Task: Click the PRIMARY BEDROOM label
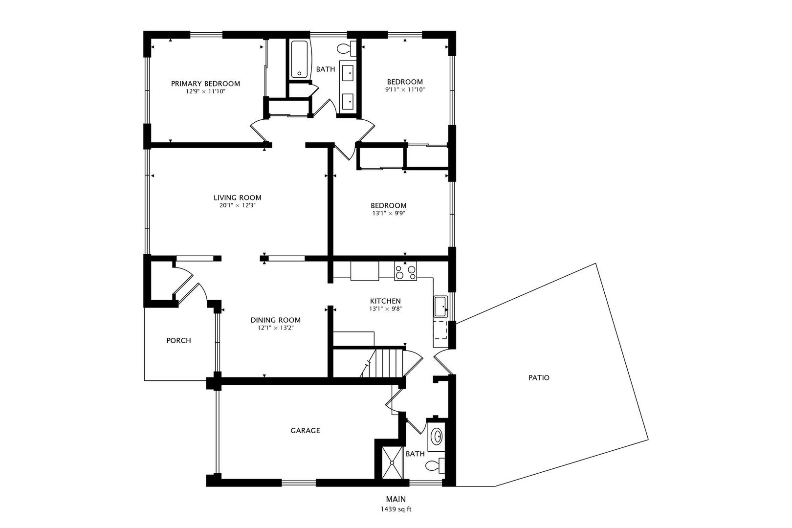tap(205, 84)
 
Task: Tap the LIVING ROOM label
tap(238, 198)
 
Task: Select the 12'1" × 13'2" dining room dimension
tap(276, 328)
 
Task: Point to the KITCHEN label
tap(385, 301)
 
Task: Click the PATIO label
tap(539, 378)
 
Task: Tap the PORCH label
tap(178, 341)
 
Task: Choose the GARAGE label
tap(306, 430)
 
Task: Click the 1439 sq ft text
tap(396, 509)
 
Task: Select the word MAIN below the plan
tap(396, 499)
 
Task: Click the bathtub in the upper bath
tap(300, 60)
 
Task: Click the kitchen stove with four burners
tap(406, 271)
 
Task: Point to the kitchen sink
tap(441, 307)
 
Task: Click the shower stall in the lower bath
tap(392, 462)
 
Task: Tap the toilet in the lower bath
tap(435, 465)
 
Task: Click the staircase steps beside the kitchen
tap(385, 363)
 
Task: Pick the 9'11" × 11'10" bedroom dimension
tap(405, 90)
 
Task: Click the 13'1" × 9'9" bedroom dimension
tap(389, 213)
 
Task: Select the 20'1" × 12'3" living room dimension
tap(238, 205)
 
